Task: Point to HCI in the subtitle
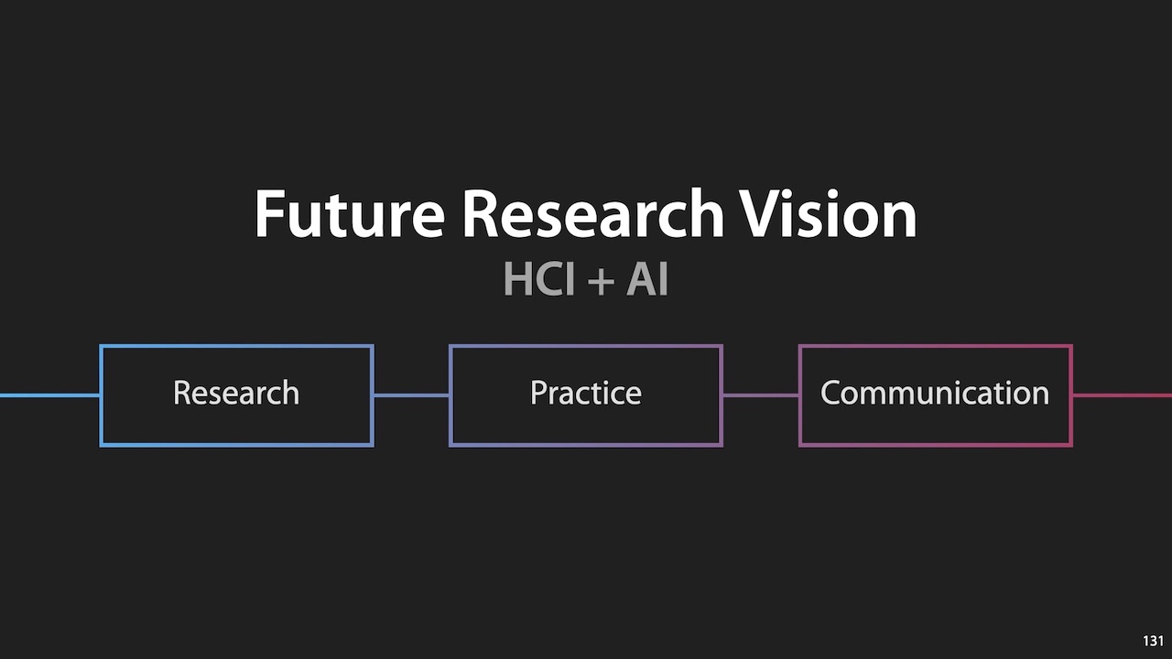click(x=538, y=279)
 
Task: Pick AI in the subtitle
click(x=647, y=279)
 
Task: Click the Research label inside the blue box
click(x=236, y=393)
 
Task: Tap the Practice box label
click(x=586, y=393)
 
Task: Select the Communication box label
click(x=935, y=393)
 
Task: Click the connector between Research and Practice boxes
click(x=411, y=395)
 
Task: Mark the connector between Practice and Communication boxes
click(x=761, y=395)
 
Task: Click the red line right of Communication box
click(x=1122, y=395)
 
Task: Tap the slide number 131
click(x=1153, y=641)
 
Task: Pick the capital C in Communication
click(x=831, y=393)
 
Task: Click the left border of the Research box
click(x=101, y=395)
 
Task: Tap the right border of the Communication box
click(x=1070, y=395)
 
